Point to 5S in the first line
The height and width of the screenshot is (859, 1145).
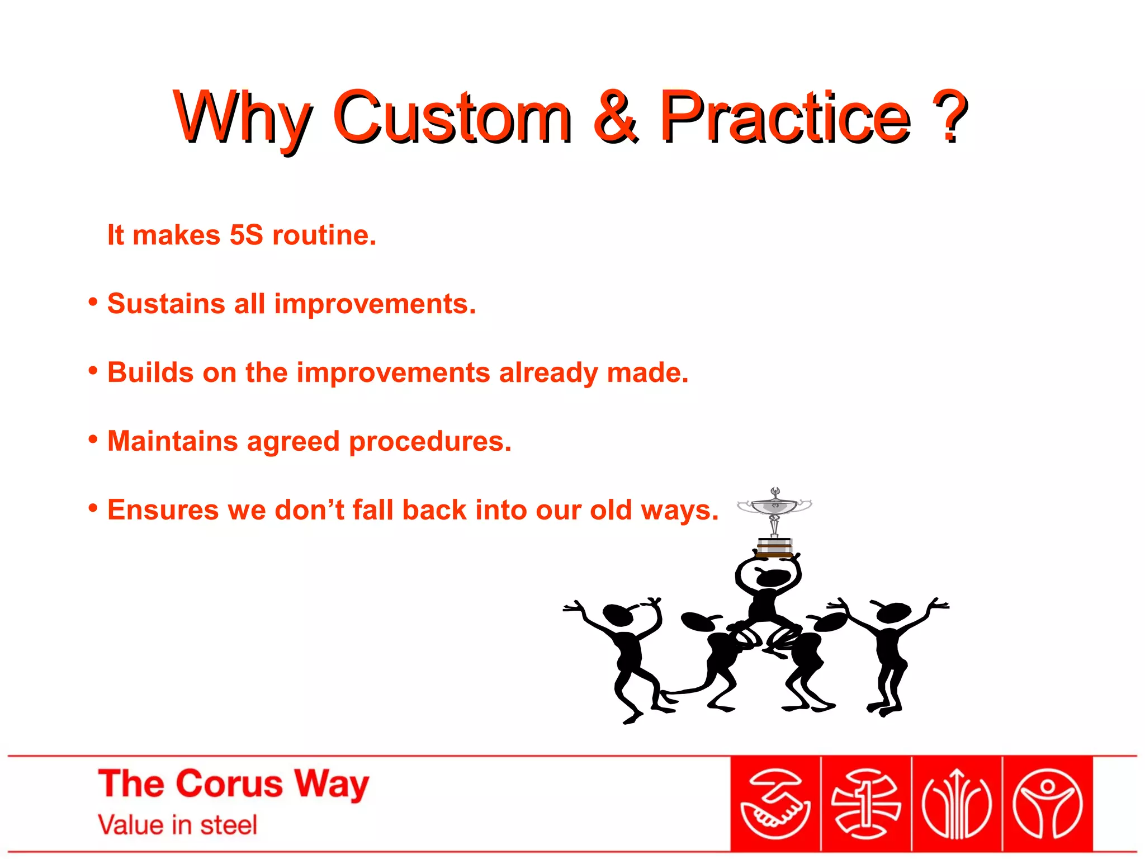click(246, 235)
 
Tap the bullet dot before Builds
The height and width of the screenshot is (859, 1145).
click(93, 370)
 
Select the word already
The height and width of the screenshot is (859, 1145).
click(548, 373)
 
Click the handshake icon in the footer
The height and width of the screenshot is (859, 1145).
click(775, 804)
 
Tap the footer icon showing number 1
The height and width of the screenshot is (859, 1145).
click(865, 804)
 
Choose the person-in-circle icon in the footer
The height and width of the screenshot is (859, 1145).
click(1047, 804)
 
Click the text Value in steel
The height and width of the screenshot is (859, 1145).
click(177, 825)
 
